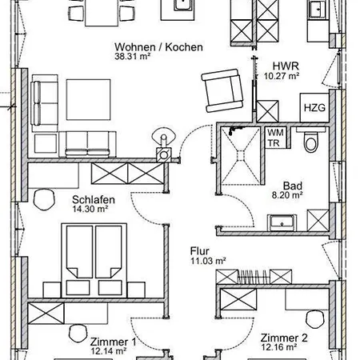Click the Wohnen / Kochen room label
click(158, 47)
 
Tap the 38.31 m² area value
click(133, 56)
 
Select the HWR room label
click(286, 66)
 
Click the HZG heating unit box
click(314, 107)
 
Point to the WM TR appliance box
click(275, 138)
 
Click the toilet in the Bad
click(311, 140)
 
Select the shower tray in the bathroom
click(241, 155)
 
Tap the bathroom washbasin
click(282, 223)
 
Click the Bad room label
click(293, 186)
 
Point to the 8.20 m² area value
click(287, 195)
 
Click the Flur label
click(199, 251)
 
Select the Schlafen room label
click(94, 200)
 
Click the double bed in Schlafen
click(94, 260)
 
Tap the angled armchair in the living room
click(222, 90)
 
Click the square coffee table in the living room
click(89, 100)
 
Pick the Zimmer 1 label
click(113, 342)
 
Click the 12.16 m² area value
click(279, 347)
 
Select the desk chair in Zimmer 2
click(315, 319)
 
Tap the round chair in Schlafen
click(44, 199)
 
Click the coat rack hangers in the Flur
click(254, 277)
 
